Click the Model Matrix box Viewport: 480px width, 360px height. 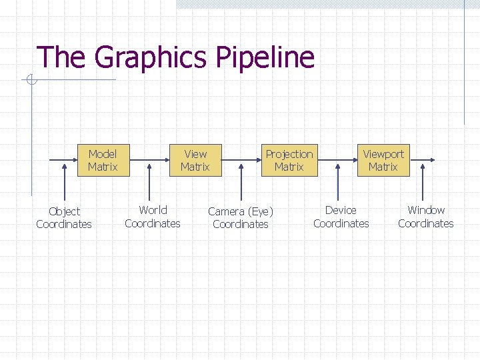[x=102, y=160]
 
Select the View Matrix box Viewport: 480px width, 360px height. [x=195, y=160]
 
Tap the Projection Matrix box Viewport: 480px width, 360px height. [x=289, y=160]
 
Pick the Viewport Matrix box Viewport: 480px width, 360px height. [x=383, y=160]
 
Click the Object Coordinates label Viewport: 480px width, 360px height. [x=64, y=217]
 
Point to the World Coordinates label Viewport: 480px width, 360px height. [x=153, y=217]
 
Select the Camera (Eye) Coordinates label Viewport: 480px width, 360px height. [x=241, y=217]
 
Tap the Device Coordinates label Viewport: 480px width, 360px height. [x=341, y=217]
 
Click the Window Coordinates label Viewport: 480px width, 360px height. [x=425, y=217]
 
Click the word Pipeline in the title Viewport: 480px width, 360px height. [x=265, y=57]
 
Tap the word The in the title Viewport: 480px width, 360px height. [x=61, y=57]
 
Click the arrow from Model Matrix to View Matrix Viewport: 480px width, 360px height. [x=148, y=160]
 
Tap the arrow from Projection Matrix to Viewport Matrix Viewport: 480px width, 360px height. [x=336, y=160]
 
